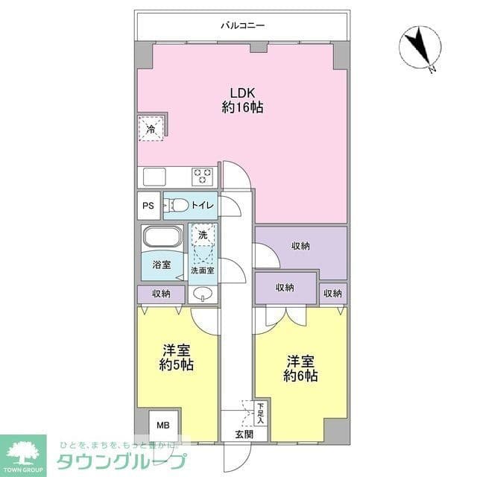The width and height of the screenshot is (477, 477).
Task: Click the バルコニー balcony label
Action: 242,26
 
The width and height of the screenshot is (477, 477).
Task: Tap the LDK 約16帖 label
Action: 242,100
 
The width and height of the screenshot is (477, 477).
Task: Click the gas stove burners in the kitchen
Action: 203,177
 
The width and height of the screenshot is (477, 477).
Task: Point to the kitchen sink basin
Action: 154,177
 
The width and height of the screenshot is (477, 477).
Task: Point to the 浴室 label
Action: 161,265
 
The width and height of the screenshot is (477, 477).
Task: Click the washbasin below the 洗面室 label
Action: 202,294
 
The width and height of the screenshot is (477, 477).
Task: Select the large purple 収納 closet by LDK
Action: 301,246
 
